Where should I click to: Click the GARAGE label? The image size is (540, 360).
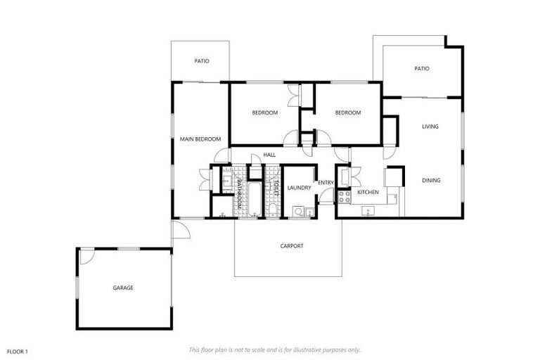pos(123,288)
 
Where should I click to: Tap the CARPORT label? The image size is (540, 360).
pos(292,246)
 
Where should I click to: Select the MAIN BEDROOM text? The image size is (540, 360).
pos(200,139)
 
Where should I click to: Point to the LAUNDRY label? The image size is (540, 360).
pos(299,188)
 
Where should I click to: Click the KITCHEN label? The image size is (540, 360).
pos(368,192)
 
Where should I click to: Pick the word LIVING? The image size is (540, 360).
pos(430,127)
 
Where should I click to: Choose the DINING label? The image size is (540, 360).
pos(431,181)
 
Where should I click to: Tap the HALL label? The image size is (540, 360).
pos(269,155)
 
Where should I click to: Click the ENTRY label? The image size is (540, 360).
pos(326,183)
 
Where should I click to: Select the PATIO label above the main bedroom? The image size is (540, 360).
pos(202,61)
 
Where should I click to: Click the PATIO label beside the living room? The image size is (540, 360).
pos(421,68)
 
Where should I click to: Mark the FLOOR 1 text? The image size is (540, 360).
pos(17,350)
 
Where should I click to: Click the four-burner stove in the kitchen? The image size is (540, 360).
pos(344,197)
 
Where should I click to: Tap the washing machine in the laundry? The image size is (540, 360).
pos(299,210)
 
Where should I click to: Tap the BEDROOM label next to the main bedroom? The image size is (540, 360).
pos(265,112)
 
